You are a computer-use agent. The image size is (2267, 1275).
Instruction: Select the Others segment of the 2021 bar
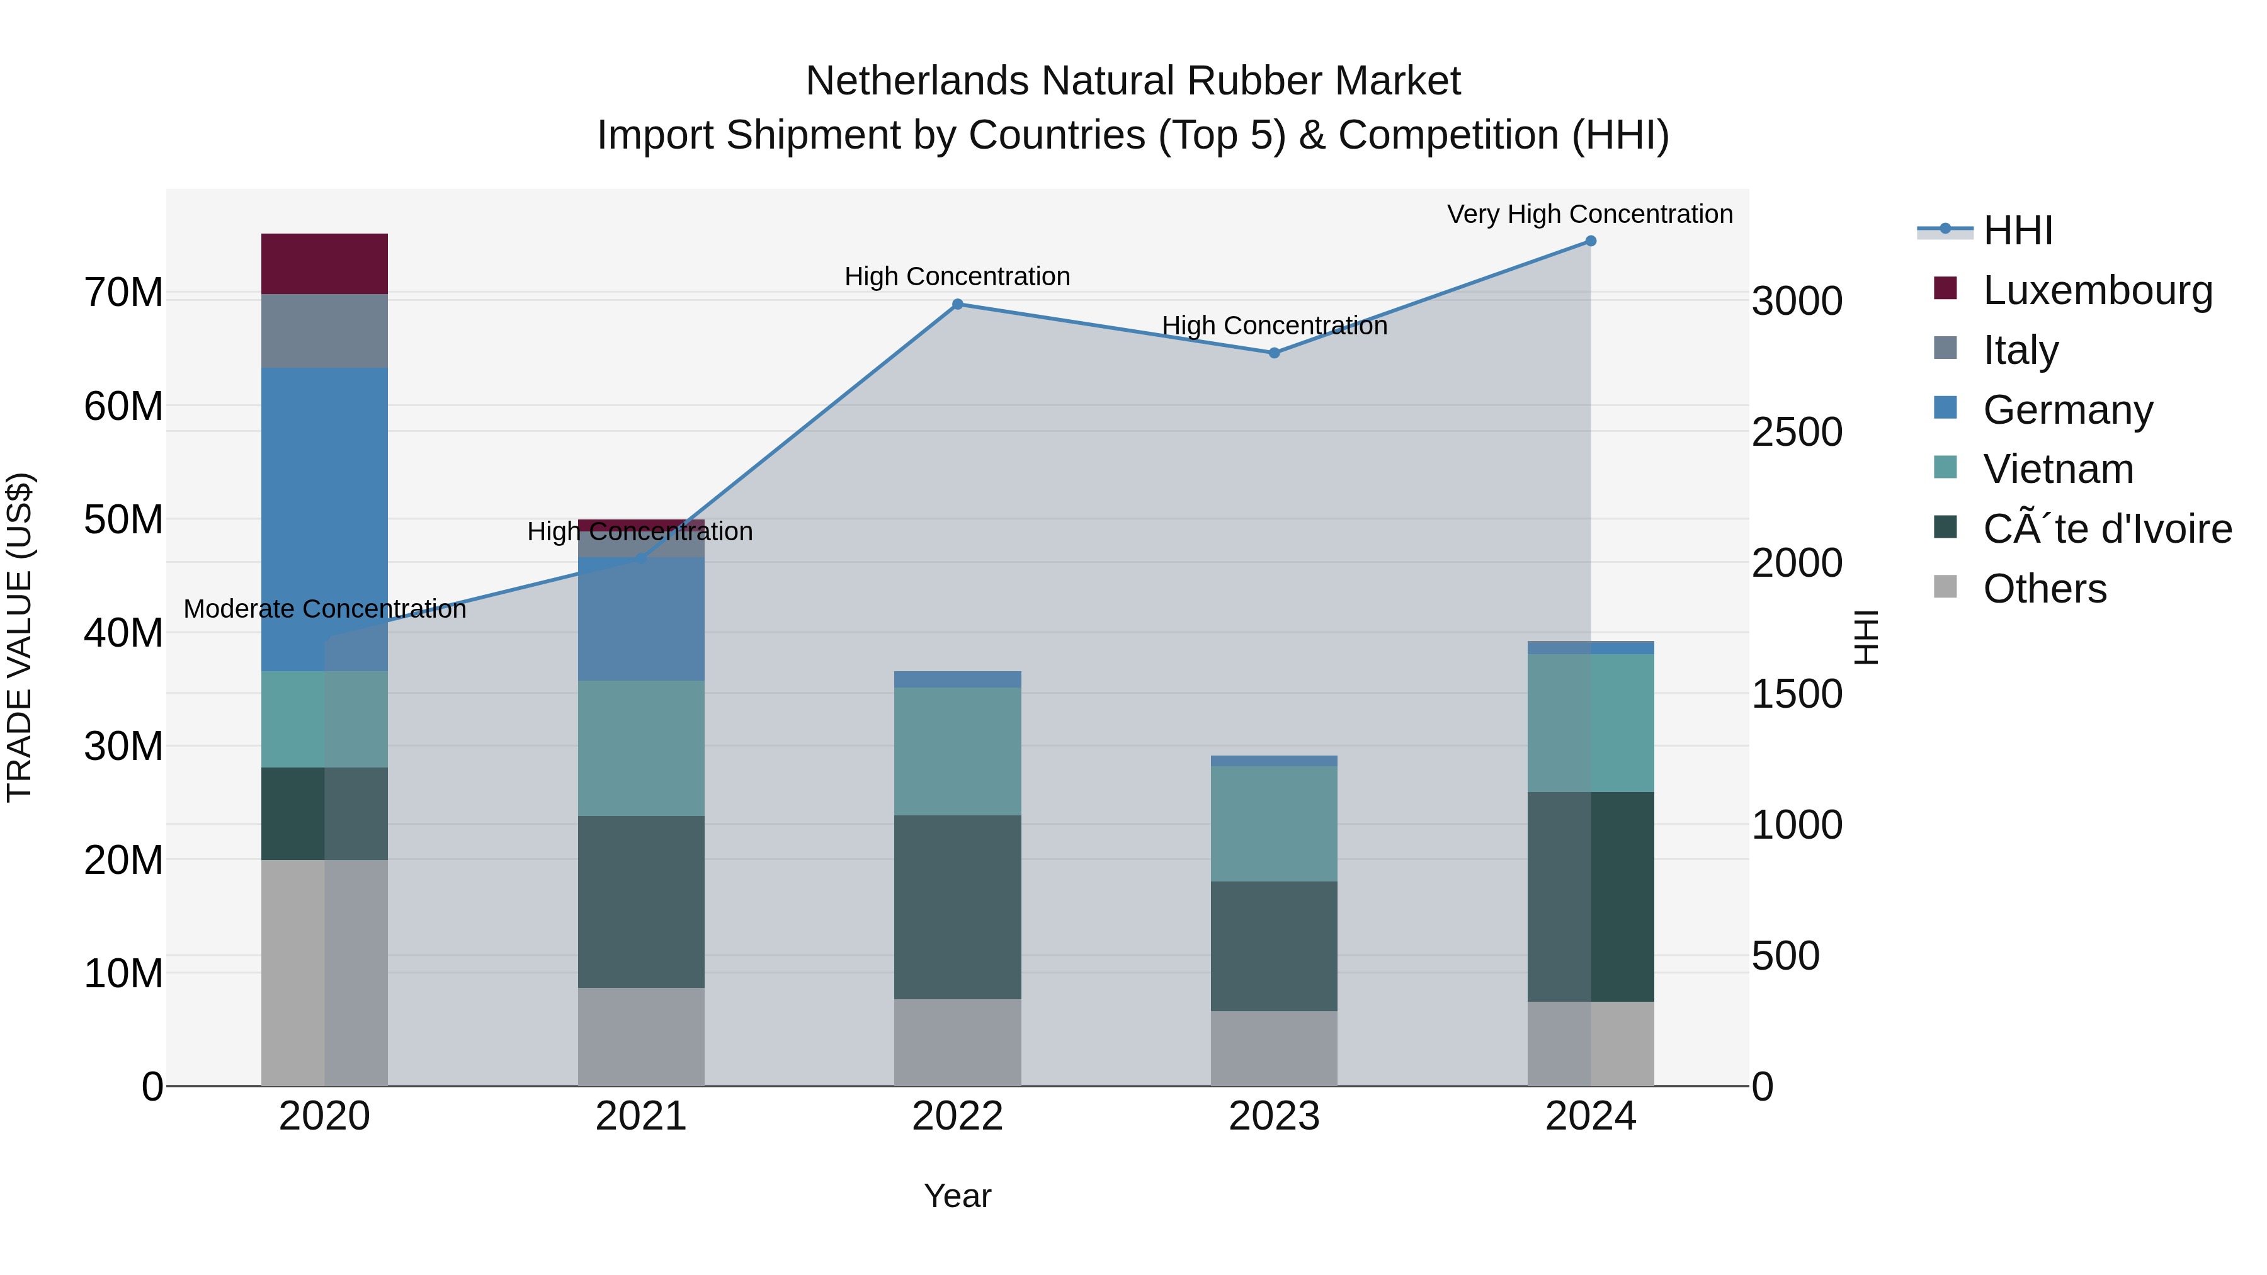[640, 1036]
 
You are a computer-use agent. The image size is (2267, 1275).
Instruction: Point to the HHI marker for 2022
[957, 305]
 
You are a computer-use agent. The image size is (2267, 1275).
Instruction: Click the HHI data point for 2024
[1590, 241]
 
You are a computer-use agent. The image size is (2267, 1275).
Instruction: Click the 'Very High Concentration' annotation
[1589, 214]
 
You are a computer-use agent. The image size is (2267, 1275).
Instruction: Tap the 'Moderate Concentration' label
[325, 609]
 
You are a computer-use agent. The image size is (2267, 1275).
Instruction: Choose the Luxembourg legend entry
[2096, 290]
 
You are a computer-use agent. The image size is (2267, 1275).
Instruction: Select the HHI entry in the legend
[2017, 230]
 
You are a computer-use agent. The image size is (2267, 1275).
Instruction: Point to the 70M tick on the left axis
[123, 292]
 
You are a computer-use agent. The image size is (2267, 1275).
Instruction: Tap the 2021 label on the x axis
[640, 1116]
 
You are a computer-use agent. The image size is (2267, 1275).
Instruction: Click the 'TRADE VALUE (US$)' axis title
[20, 637]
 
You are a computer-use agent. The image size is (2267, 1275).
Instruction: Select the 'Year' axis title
[957, 1196]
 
